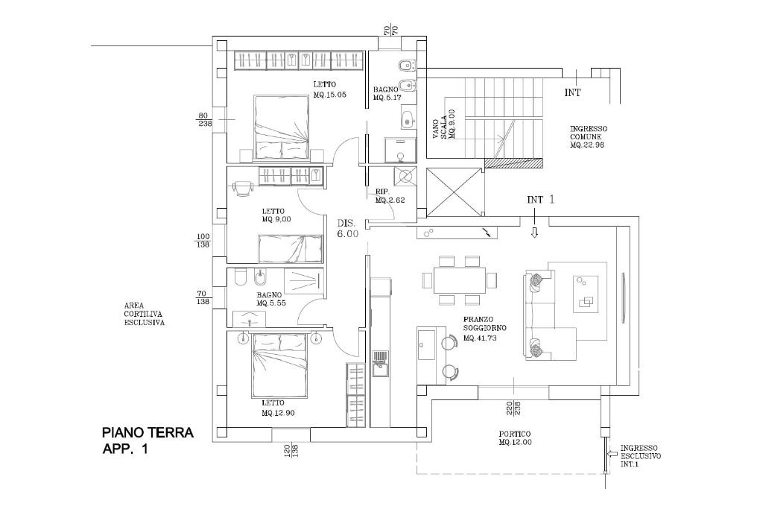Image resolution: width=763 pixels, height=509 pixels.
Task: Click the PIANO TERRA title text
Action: click(148, 432)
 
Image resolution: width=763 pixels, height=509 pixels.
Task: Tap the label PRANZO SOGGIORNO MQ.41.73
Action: click(484, 329)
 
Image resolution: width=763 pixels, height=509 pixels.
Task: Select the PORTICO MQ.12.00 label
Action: click(515, 438)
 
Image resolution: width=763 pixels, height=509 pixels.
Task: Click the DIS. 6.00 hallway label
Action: click(348, 229)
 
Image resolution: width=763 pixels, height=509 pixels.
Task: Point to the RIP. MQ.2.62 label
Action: click(390, 195)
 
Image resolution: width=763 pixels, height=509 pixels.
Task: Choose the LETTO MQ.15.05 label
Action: click(329, 89)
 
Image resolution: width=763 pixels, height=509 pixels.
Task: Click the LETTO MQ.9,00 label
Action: click(276, 215)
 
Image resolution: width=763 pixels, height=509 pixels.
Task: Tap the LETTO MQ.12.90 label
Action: click(278, 408)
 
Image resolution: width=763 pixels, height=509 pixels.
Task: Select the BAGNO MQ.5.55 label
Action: click(271, 299)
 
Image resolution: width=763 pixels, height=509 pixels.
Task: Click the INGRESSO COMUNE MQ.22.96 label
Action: click(589, 136)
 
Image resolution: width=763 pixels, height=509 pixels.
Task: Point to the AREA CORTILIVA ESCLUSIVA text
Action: click(144, 314)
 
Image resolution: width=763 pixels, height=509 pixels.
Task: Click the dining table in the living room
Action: click(460, 280)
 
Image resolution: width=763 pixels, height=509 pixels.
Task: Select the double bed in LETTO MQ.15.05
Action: click(281, 127)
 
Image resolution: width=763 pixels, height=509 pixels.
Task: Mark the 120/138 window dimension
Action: click(291, 449)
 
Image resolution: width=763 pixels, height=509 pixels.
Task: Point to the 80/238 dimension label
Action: click(204, 120)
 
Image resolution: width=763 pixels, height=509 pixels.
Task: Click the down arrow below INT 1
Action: click(534, 233)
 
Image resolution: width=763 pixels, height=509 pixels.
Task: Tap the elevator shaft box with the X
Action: click(454, 192)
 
